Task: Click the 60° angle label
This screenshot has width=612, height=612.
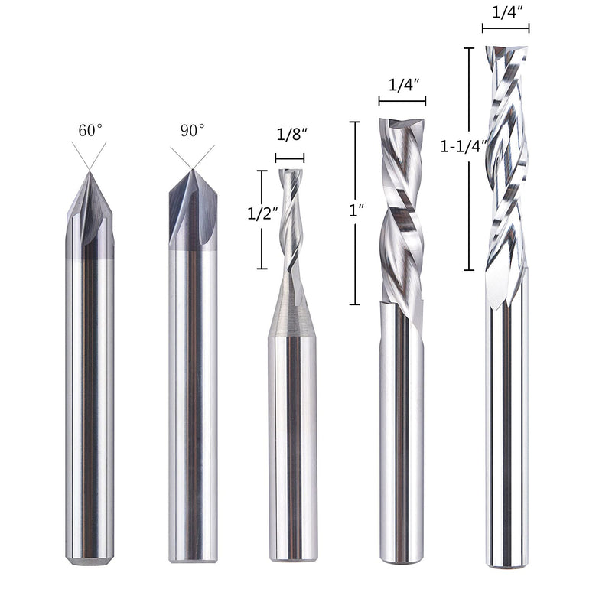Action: (x=90, y=130)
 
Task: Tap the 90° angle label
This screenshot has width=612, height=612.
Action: (x=192, y=130)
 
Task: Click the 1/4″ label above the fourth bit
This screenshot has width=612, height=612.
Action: (x=402, y=85)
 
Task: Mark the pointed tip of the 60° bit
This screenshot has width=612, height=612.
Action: (x=90, y=173)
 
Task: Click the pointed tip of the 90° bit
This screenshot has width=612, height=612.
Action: (x=192, y=171)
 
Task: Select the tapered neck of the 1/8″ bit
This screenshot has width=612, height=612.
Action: (x=292, y=310)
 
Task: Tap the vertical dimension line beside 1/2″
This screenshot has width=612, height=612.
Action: (x=262, y=220)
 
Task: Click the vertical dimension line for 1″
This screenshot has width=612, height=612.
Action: (x=354, y=213)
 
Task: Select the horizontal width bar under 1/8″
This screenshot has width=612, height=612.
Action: (x=290, y=158)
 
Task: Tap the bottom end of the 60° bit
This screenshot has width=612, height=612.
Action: (x=90, y=559)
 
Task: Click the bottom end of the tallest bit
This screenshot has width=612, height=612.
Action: (x=506, y=563)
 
